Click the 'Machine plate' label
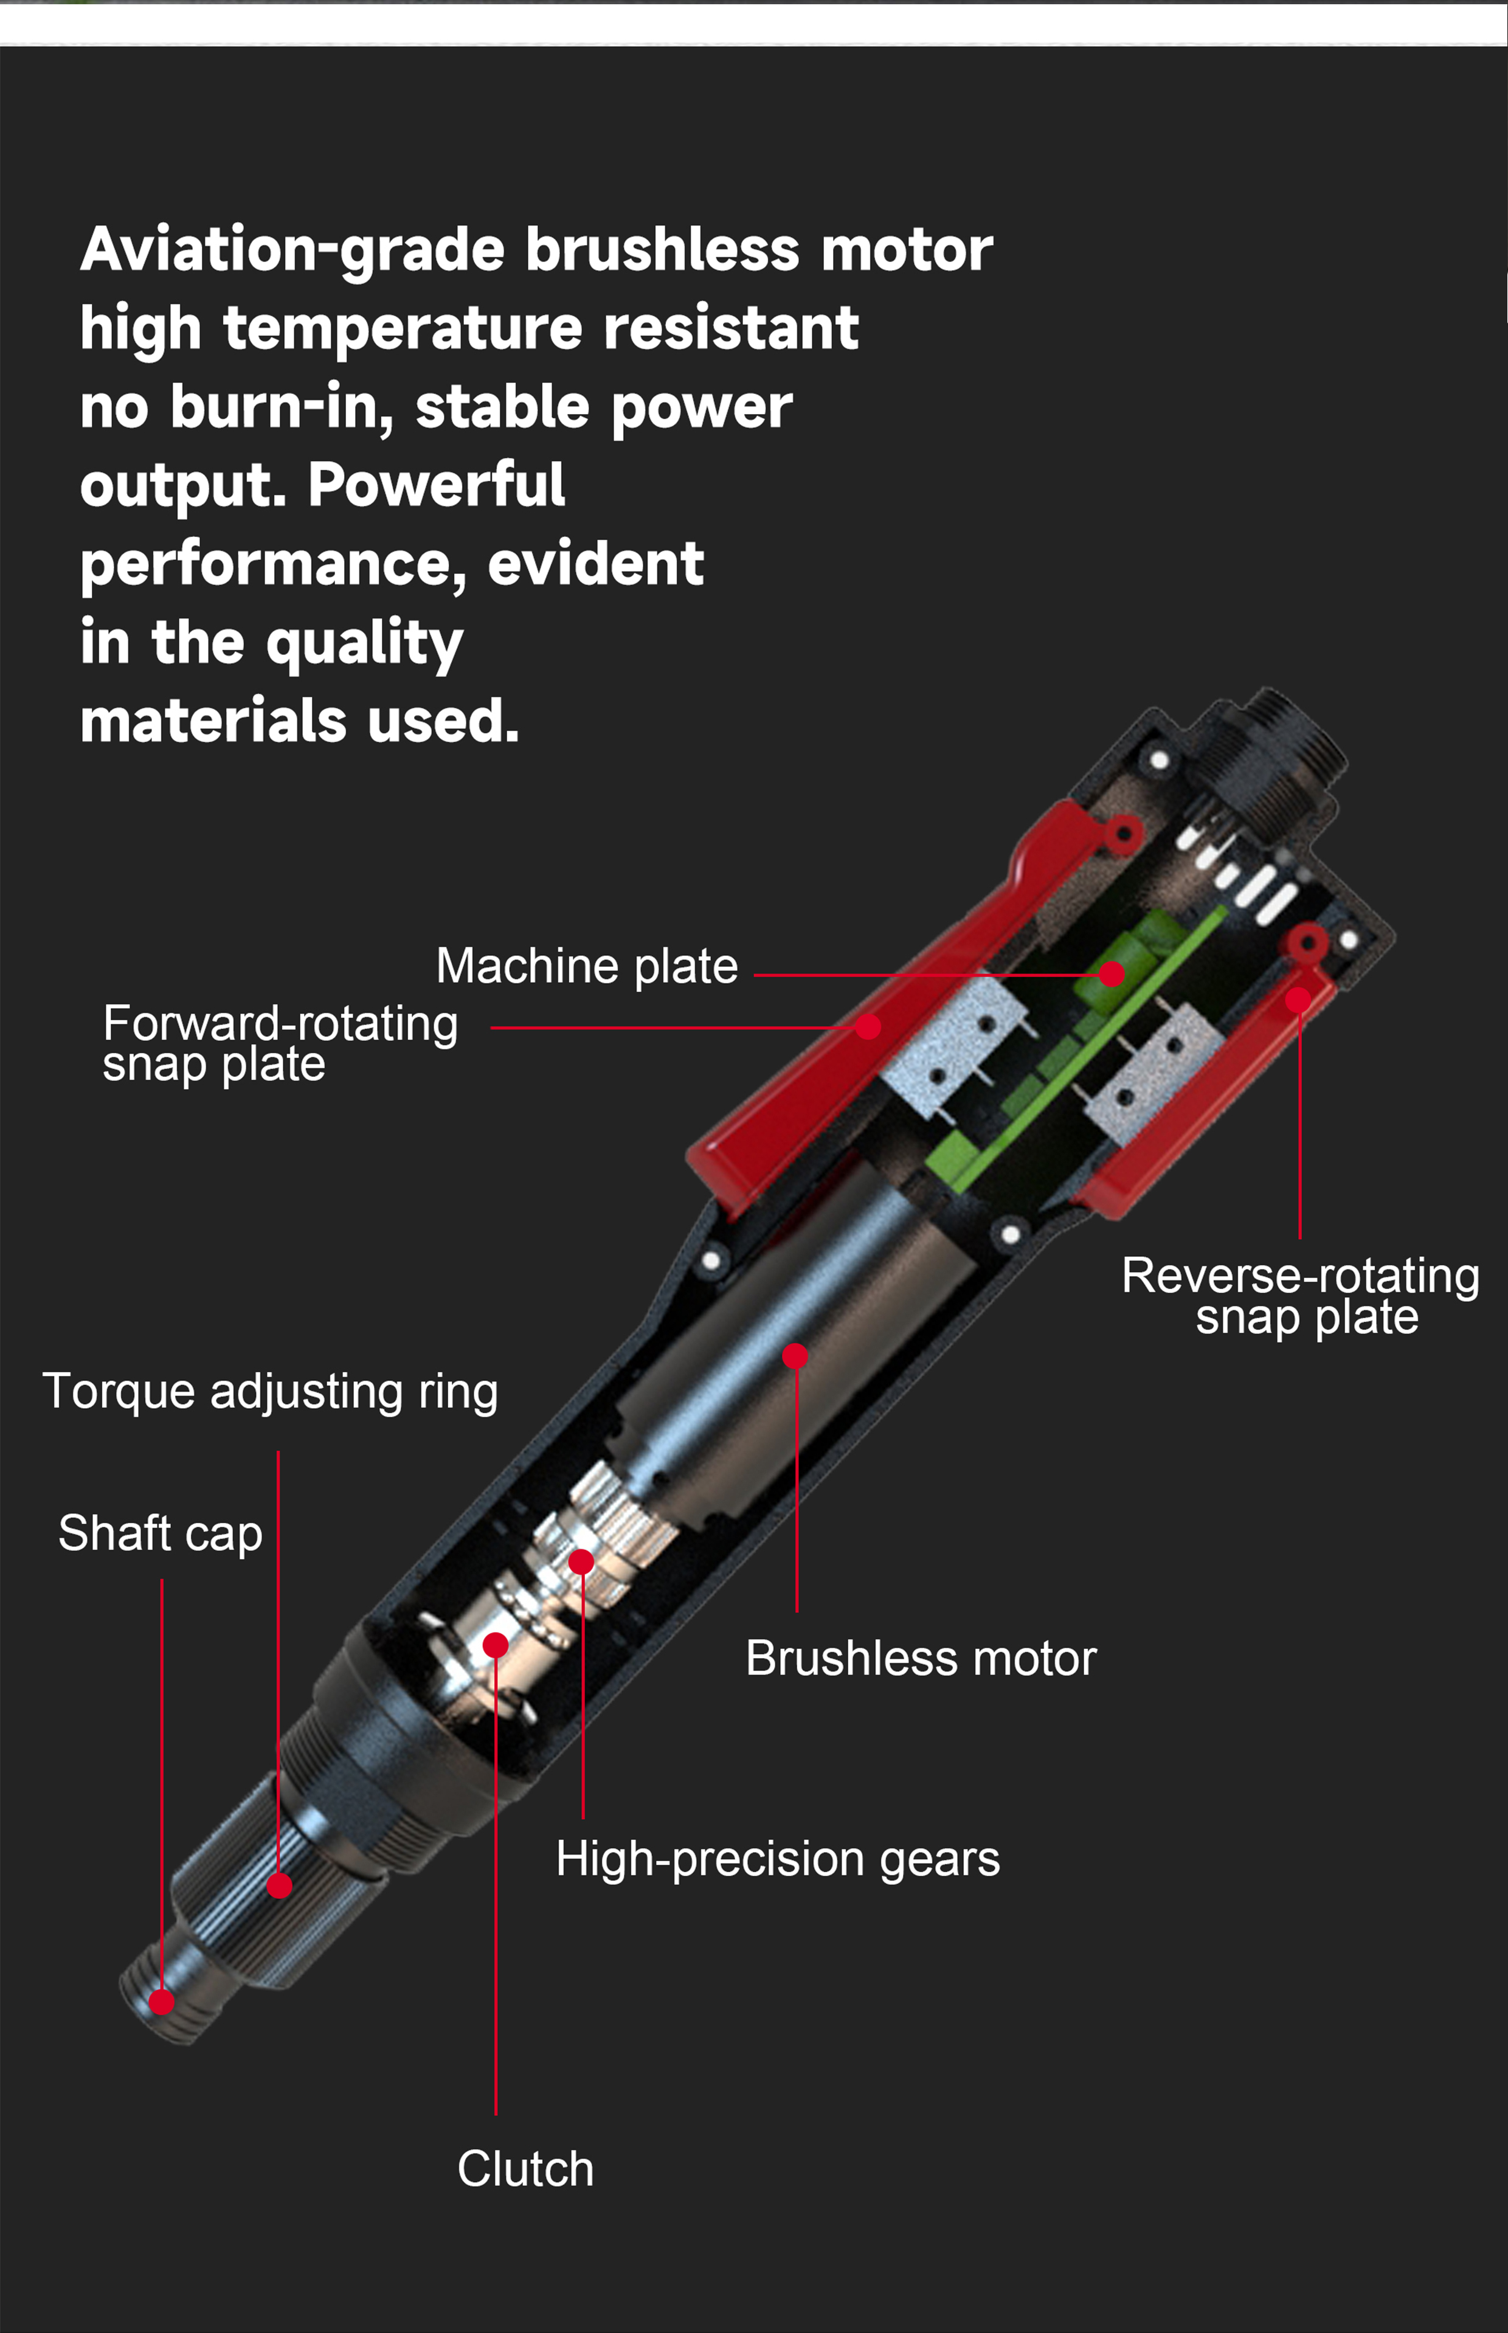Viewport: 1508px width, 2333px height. pos(587,966)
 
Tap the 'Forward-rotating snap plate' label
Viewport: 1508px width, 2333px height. pos(280,1043)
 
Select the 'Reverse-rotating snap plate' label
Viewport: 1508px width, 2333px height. pos(1301,1295)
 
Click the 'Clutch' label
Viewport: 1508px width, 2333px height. pos(526,2168)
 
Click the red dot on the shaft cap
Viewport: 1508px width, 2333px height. pos(162,2002)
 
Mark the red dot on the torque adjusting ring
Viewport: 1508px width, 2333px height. pos(279,1885)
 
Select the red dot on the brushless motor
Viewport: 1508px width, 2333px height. pos(795,1356)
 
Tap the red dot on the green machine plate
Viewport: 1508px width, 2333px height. pos(1112,974)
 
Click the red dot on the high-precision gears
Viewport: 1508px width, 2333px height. pos(582,1561)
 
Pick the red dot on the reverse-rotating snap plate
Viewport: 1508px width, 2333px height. pos(1298,1000)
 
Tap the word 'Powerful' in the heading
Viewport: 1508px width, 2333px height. pos(437,486)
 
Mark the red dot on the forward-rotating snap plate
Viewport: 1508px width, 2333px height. pos(868,1026)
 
